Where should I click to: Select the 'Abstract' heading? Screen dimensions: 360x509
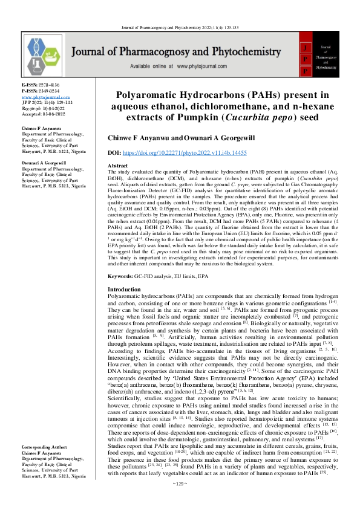[117, 165]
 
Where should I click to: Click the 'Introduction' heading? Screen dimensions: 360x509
[123, 290]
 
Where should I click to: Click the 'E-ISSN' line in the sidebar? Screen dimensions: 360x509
[39, 86]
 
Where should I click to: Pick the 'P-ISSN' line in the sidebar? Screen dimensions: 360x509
[41, 91]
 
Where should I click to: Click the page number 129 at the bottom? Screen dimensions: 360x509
[180, 501]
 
